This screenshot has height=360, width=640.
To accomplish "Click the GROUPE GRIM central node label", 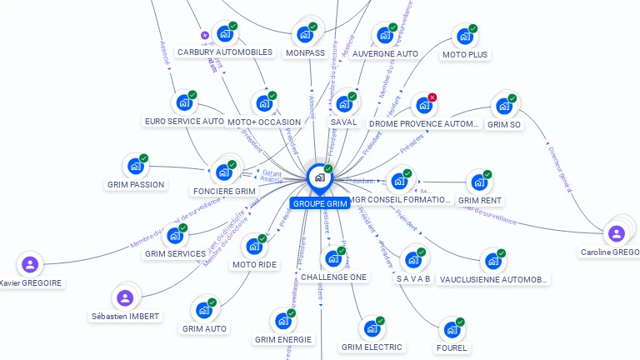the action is [x=320, y=203].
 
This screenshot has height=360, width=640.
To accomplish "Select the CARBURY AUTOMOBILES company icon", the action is [x=224, y=34].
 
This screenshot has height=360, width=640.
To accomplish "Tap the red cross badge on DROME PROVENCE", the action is [x=432, y=97].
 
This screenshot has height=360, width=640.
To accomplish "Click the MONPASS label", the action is [x=305, y=52].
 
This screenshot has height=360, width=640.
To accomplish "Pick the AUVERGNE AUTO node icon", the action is [x=384, y=35].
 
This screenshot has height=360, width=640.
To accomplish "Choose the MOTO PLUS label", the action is [x=465, y=54].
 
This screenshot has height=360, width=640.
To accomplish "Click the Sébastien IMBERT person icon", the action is [x=124, y=297].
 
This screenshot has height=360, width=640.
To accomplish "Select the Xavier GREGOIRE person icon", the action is [x=30, y=265].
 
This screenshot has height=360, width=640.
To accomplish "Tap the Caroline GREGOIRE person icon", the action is [x=616, y=233].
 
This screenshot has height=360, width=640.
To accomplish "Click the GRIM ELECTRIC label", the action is [x=372, y=347].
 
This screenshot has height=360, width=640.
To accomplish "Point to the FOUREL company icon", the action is [x=451, y=329].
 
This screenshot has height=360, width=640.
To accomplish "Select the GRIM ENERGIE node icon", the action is [x=282, y=321].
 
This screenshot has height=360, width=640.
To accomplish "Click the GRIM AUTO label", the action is [x=204, y=328].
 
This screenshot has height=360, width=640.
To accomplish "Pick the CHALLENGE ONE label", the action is [x=333, y=277].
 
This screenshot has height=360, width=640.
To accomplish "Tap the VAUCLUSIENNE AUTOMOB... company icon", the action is [x=492, y=261].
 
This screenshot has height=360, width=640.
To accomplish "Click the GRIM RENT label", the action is [x=480, y=200].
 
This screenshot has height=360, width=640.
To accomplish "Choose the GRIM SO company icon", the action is [x=503, y=106].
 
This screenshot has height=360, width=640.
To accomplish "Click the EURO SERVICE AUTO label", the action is [x=184, y=121].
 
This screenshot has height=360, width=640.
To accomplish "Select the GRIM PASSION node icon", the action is [x=135, y=166].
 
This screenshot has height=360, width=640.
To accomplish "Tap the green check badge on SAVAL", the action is [x=352, y=96].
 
